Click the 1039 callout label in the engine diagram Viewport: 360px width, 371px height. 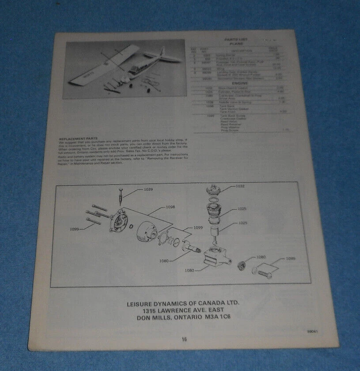pos(148,190)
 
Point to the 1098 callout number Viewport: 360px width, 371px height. pos(170,207)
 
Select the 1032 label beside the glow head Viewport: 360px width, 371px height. pos(239,186)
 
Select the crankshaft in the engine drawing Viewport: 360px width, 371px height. pos(190,250)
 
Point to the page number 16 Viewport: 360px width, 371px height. pos(184,339)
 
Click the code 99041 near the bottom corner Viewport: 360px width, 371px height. pos(313,331)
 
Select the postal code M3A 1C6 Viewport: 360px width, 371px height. pos(218,317)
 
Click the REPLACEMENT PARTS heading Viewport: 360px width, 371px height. pos(78,138)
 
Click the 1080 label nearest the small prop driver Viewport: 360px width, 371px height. pos(261,256)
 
